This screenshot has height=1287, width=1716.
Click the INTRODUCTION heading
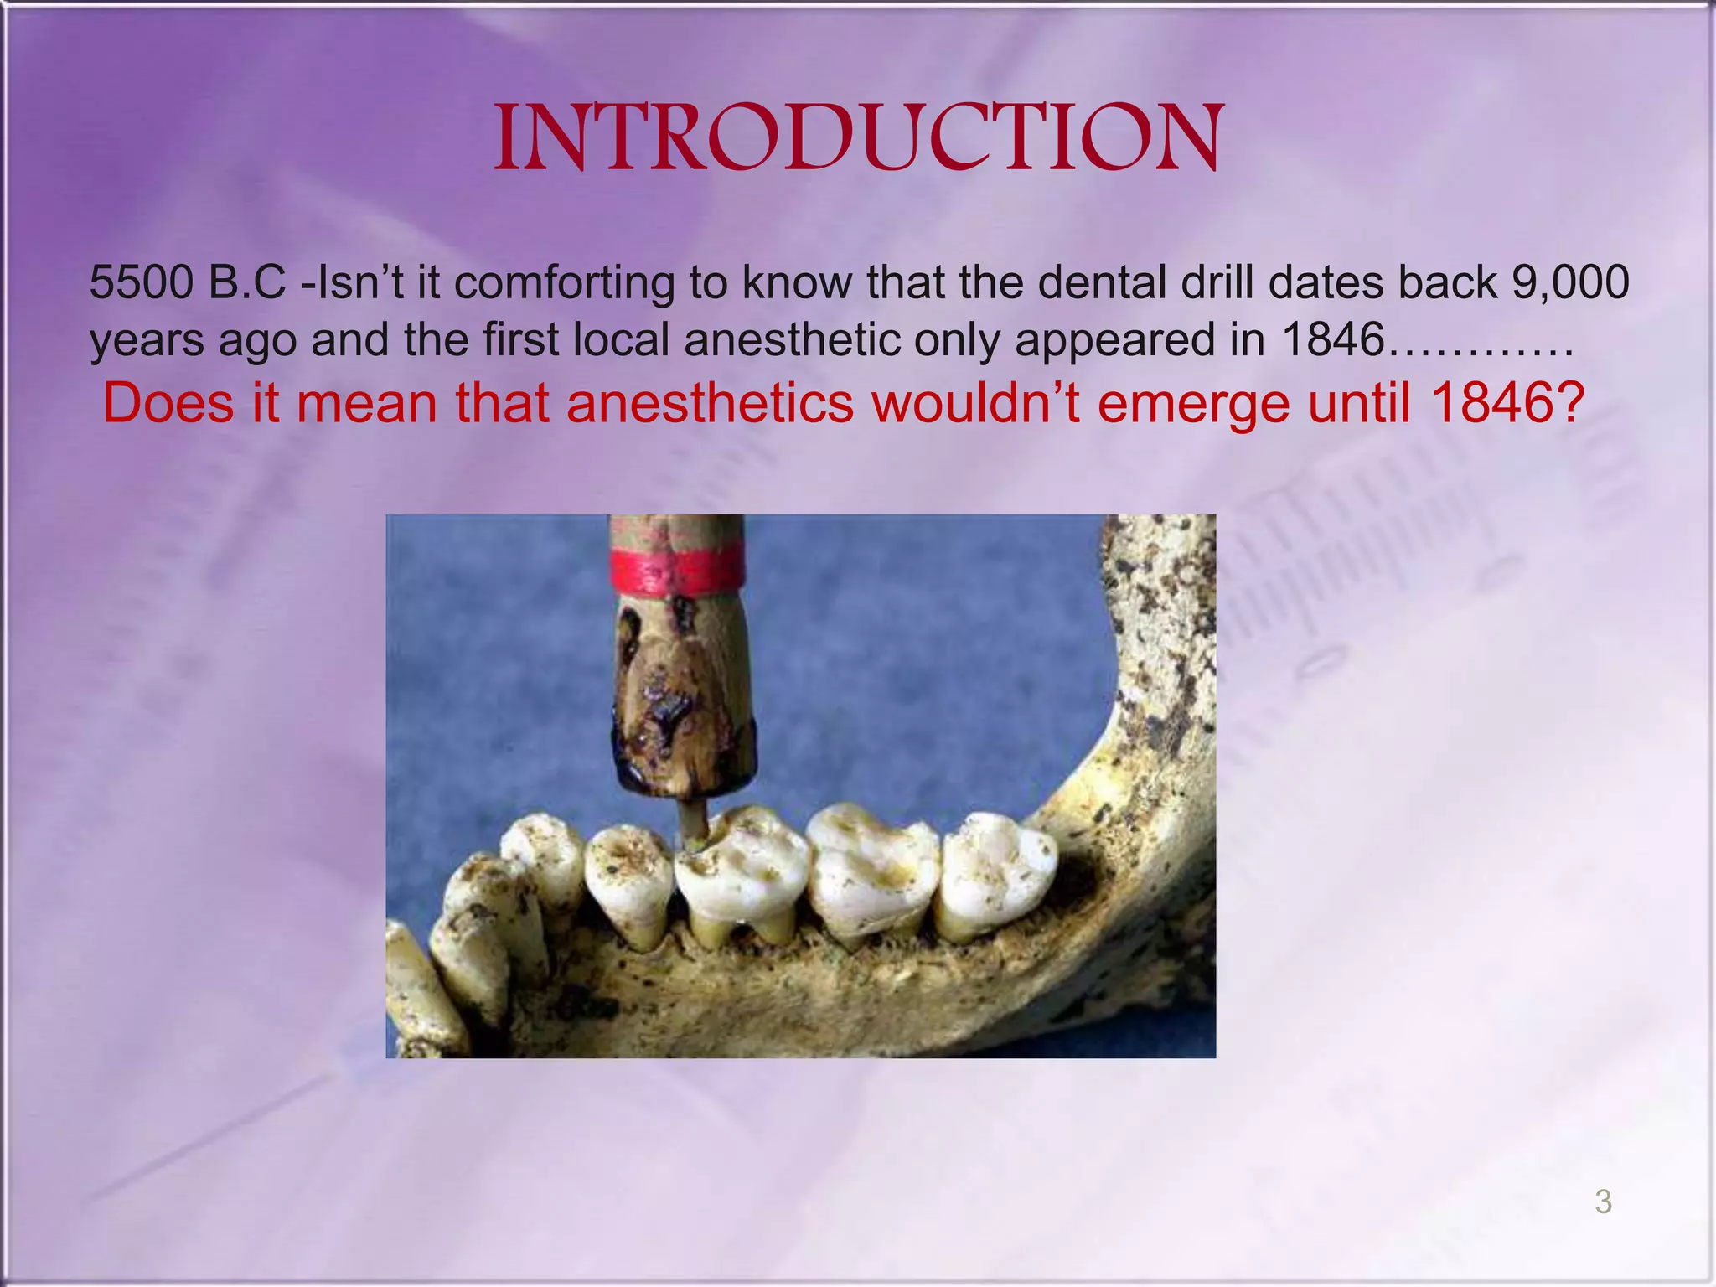tap(858, 139)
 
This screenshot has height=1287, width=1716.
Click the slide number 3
tap(1603, 1202)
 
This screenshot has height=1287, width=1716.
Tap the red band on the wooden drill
tap(677, 567)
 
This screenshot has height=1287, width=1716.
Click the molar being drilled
tap(742, 871)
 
